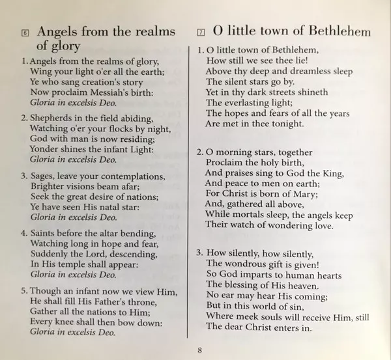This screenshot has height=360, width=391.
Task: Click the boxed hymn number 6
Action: [25, 33]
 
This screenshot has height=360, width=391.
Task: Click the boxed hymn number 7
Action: [201, 33]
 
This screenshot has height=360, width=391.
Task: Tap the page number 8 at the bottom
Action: [199, 350]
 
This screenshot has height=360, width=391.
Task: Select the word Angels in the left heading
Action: [59, 31]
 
